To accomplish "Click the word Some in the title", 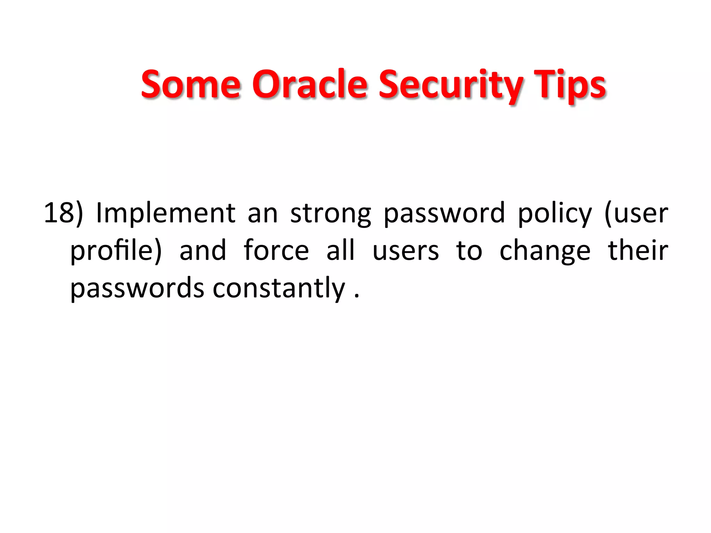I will coord(191,84).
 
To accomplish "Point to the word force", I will coord(276,250).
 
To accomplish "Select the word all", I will coord(341,250).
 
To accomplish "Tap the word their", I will coord(638,250).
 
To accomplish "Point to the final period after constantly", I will coord(357,296).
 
